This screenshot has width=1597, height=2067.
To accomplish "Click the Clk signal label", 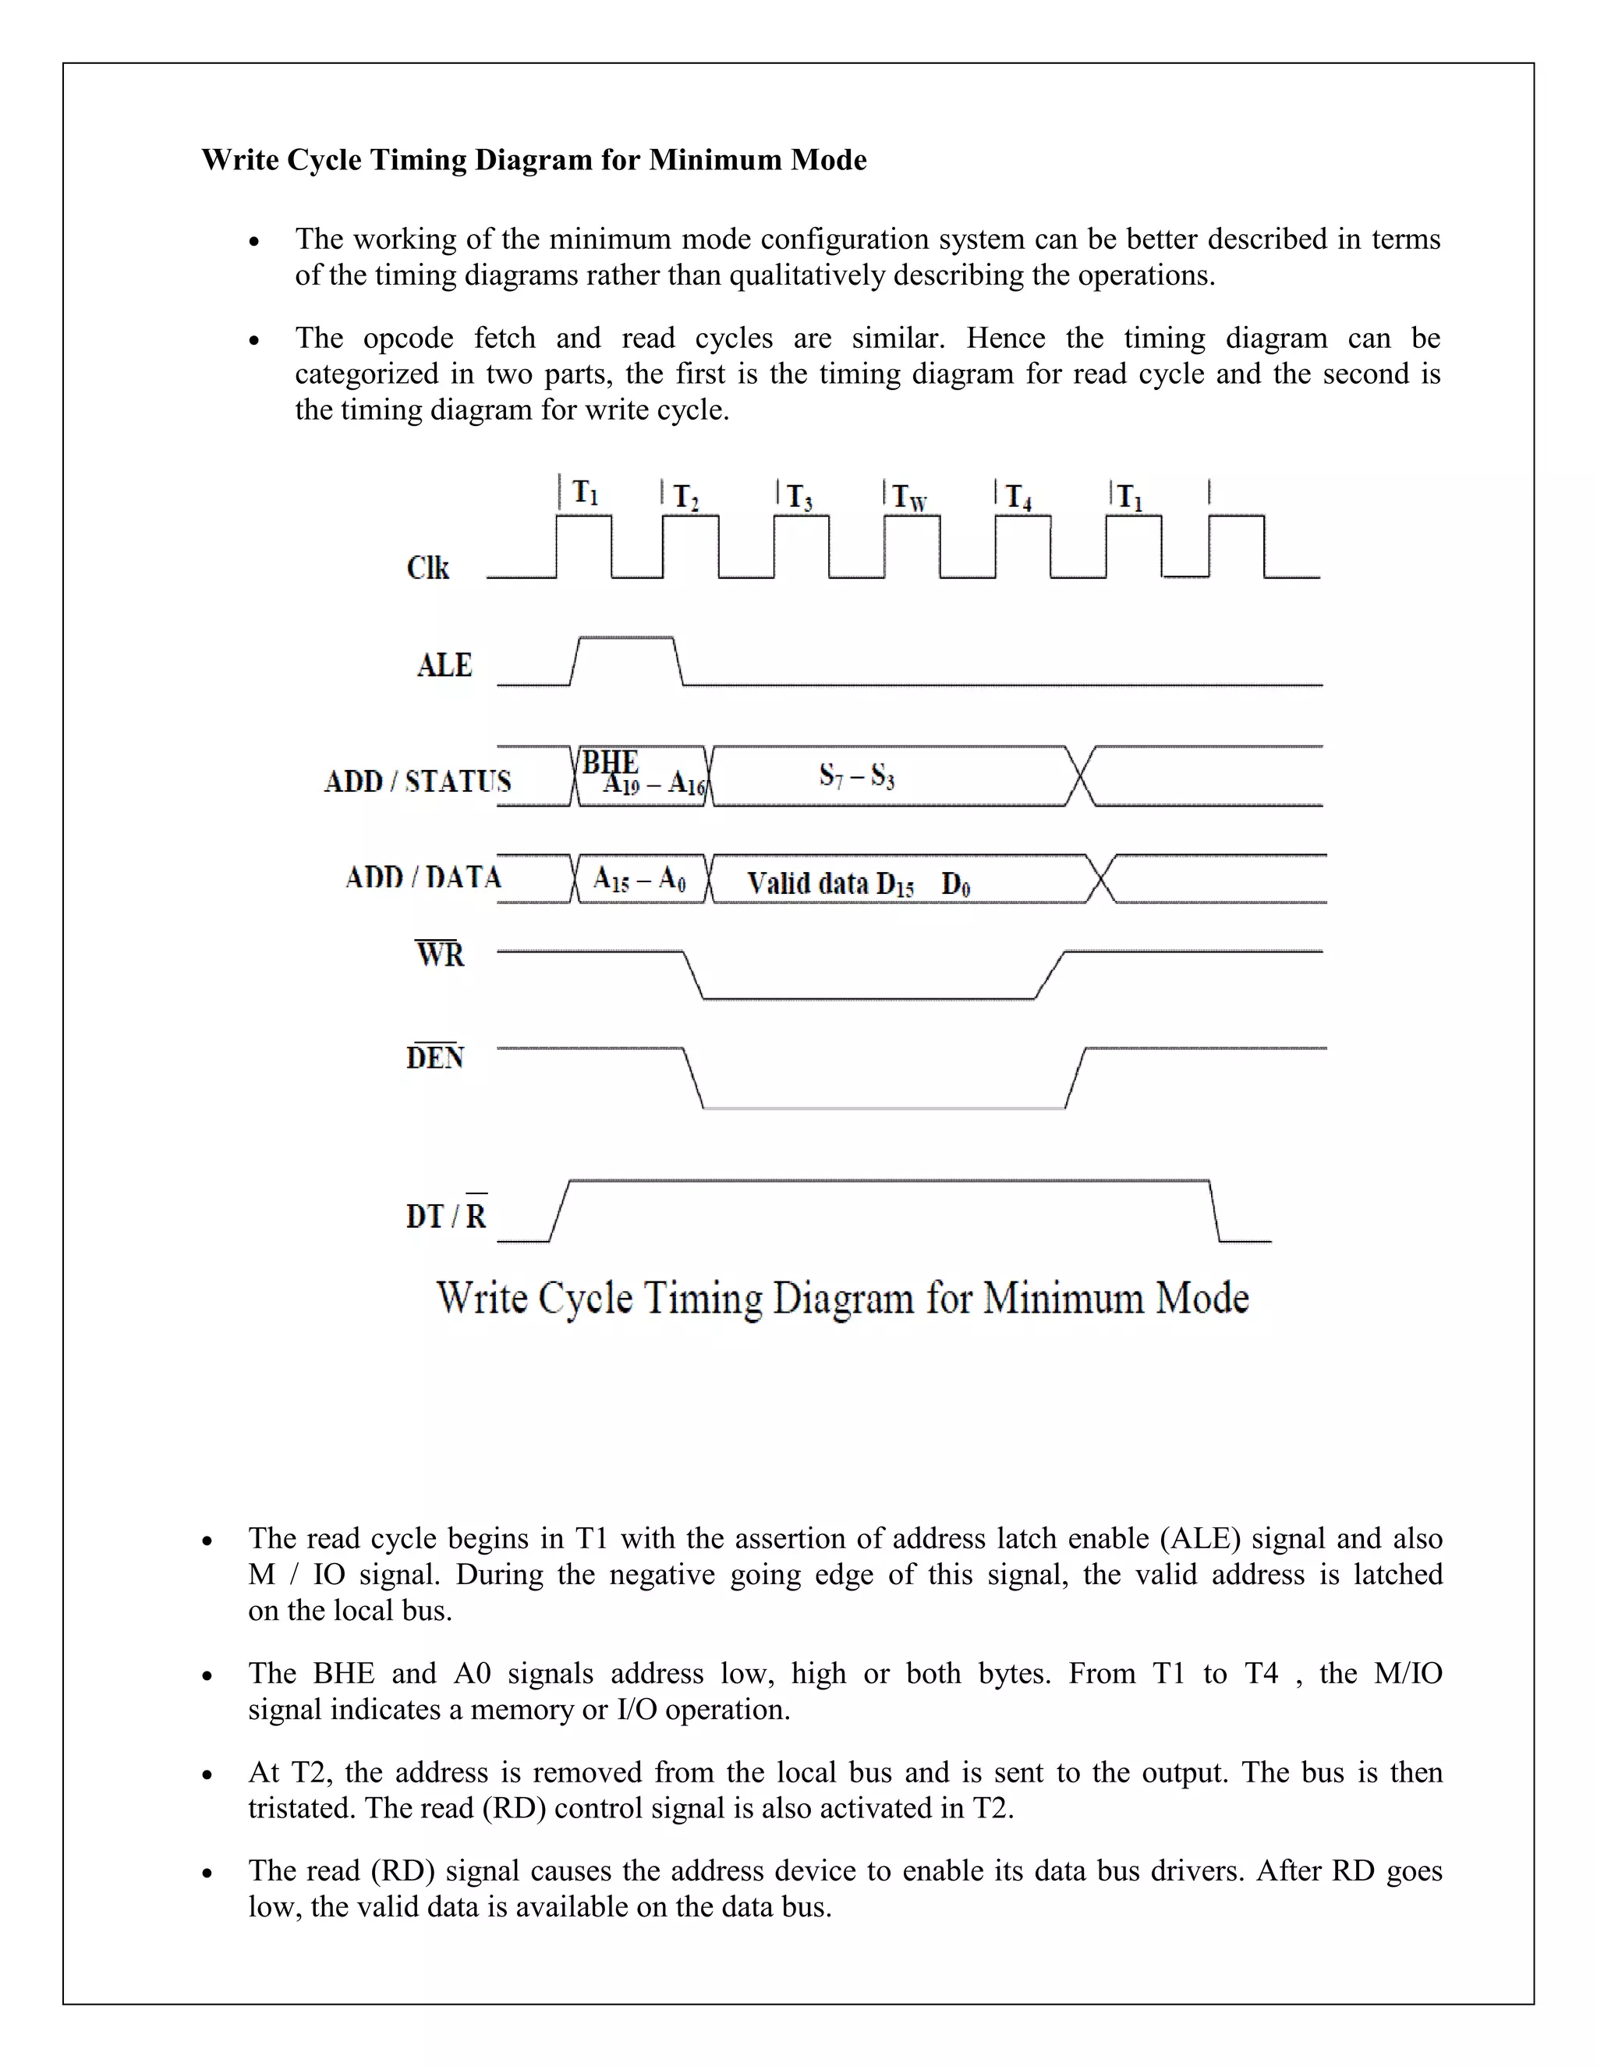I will coord(427,568).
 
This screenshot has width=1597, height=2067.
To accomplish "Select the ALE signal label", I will coord(444,665).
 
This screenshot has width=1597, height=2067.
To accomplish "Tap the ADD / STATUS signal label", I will coord(417,781).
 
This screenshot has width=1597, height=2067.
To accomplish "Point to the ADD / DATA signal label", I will coord(423,877).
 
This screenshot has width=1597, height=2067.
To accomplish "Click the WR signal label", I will coord(440,954).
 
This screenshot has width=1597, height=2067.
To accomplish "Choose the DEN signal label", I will coord(435,1057).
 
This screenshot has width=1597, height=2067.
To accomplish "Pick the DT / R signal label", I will coord(447,1215).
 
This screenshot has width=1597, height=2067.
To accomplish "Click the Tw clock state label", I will coord(910,497).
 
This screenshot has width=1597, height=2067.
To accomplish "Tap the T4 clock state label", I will coord(1018,497).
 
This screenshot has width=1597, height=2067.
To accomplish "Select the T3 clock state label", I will coord(799,497).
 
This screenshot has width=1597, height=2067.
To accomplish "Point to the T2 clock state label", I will coord(686,497).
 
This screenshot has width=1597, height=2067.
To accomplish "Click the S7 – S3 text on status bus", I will coord(856,776).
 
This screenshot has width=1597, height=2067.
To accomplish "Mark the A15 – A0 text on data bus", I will coord(639,880).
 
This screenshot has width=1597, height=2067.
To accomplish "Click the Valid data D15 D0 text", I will coord(858,884).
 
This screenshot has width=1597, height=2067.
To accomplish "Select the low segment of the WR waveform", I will coord(869,998).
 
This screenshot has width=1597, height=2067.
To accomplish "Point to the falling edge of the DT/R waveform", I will coord(1216,1211).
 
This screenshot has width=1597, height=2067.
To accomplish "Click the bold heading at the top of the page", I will coord(533,159).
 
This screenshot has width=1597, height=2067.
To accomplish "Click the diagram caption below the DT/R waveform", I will coord(842,1298).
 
